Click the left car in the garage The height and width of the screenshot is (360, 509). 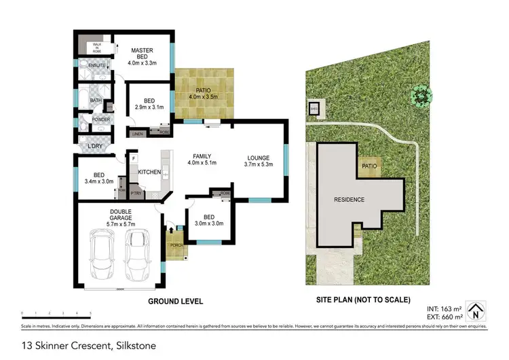(x=104, y=256)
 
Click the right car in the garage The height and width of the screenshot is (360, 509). (x=137, y=255)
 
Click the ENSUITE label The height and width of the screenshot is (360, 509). (x=88, y=65)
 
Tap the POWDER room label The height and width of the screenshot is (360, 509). (x=91, y=120)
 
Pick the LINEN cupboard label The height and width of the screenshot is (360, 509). (x=137, y=134)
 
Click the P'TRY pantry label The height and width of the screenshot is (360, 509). (x=136, y=194)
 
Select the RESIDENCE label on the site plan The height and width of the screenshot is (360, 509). (x=348, y=200)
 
